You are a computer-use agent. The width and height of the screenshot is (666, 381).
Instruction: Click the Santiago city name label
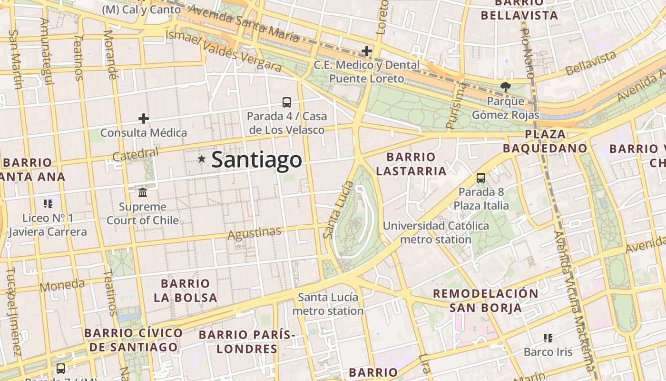(x=256, y=160)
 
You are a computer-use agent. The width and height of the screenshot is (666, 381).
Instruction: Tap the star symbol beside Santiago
(x=202, y=159)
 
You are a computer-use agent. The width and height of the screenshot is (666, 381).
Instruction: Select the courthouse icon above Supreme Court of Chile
(x=143, y=192)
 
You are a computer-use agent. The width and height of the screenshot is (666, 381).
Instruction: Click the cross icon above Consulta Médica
(x=144, y=118)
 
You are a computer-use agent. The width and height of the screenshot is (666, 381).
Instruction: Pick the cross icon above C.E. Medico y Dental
(x=367, y=50)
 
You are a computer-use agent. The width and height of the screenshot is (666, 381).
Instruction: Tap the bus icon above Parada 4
(x=286, y=102)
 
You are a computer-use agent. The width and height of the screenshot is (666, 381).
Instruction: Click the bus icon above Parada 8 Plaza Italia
(x=481, y=178)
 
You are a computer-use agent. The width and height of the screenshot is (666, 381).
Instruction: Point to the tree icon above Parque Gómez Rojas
(x=505, y=87)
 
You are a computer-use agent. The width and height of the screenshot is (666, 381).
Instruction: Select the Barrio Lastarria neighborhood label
(x=411, y=164)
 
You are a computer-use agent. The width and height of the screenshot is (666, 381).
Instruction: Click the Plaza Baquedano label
(x=545, y=141)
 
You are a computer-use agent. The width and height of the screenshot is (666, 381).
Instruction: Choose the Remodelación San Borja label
(x=485, y=300)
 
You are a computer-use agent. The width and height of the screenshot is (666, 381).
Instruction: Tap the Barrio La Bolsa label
(x=186, y=291)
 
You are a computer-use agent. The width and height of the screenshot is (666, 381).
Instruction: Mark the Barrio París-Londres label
(x=247, y=341)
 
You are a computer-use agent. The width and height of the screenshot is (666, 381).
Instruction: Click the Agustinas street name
(x=255, y=233)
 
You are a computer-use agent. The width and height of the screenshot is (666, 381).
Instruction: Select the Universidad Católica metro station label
(x=436, y=232)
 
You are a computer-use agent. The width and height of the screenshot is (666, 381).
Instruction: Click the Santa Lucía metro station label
(x=328, y=304)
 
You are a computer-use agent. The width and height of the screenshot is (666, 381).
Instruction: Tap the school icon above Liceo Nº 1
(x=48, y=204)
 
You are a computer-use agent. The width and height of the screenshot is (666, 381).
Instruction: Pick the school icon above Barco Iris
(x=548, y=338)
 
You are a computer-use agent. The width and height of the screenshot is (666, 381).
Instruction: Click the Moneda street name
(x=62, y=286)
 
